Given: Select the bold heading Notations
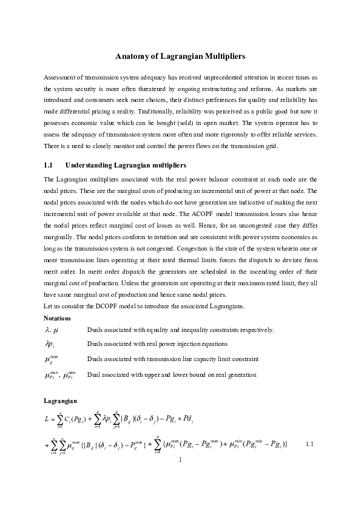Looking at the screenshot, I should [58, 318].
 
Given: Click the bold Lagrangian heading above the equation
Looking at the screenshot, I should [61, 401].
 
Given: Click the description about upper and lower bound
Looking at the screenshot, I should [172, 375].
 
